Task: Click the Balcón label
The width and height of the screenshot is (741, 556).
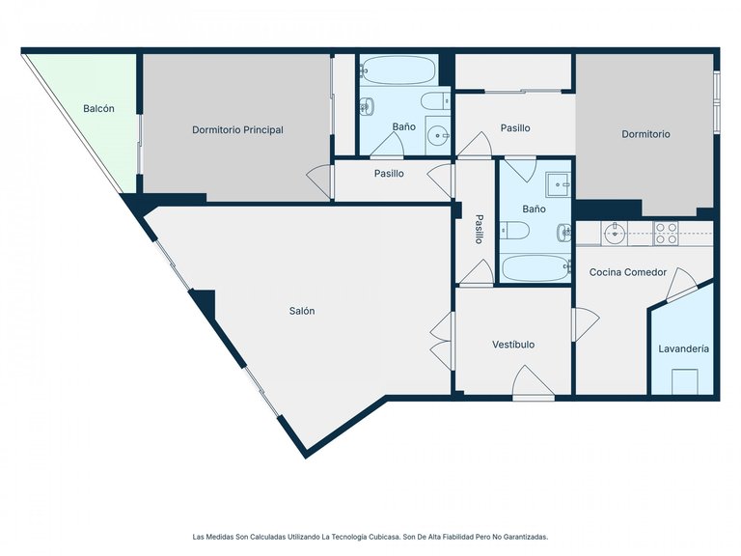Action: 98,109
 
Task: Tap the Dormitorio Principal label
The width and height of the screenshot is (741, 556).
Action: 237,130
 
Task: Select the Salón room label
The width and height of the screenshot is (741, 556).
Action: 301,311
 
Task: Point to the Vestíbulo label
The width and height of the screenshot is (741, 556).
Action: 513,345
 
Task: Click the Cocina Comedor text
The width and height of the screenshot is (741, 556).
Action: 628,272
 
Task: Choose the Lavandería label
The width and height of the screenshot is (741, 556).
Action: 683,348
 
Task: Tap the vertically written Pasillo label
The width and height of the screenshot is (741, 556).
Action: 479,229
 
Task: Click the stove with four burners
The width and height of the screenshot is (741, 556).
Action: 667,232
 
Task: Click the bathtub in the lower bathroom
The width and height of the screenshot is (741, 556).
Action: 535,268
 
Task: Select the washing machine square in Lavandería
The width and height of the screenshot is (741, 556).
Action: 685,382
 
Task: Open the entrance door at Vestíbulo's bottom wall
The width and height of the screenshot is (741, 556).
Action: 533,383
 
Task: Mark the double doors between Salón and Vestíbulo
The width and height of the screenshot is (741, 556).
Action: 441,341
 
